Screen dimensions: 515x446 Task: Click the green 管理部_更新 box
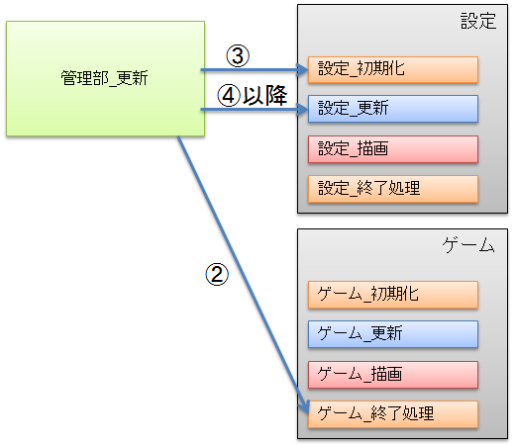click(x=105, y=78)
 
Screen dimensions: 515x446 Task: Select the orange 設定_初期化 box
click(x=393, y=69)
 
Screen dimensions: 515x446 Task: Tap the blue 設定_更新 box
click(x=393, y=109)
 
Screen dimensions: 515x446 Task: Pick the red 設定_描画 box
click(x=393, y=149)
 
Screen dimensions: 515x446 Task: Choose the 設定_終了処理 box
click(x=393, y=189)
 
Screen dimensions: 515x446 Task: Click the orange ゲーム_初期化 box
click(x=393, y=295)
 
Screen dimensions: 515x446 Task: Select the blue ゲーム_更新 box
click(x=393, y=334)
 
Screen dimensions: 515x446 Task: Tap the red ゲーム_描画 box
click(x=393, y=375)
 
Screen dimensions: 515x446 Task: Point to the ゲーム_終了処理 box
click(x=393, y=414)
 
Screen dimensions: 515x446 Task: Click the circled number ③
click(x=238, y=55)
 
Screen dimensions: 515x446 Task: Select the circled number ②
click(x=217, y=274)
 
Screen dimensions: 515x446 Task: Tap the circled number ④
click(x=229, y=96)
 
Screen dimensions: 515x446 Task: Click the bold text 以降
click(x=265, y=96)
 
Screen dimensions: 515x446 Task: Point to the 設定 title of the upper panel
click(x=478, y=21)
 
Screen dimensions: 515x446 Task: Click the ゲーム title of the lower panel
click(x=468, y=245)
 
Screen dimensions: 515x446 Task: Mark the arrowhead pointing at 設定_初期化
click(x=302, y=70)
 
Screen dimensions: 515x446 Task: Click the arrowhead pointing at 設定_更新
click(x=302, y=109)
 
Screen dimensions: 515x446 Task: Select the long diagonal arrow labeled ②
click(x=244, y=275)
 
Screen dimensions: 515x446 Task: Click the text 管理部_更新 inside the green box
click(x=104, y=78)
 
